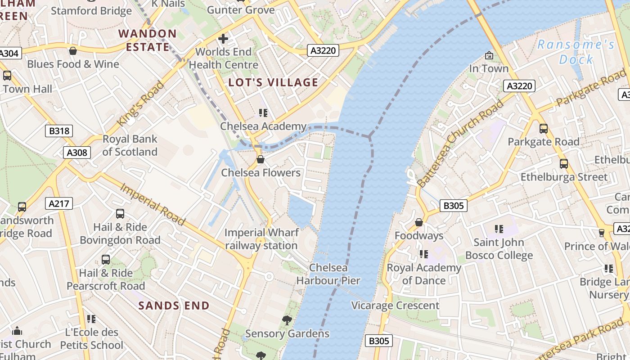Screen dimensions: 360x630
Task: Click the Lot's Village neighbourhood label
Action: (x=273, y=82)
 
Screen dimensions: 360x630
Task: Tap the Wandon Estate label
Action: (x=148, y=40)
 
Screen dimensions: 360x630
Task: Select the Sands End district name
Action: (x=174, y=306)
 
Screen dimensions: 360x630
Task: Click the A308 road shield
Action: (x=76, y=153)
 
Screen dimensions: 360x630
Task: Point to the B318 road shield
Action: (x=59, y=131)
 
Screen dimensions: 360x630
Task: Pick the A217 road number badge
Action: (x=59, y=204)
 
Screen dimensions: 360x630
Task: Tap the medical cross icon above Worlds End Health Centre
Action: (x=223, y=39)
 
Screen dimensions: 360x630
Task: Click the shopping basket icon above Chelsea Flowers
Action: (x=260, y=159)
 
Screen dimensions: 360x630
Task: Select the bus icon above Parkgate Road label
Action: (x=543, y=129)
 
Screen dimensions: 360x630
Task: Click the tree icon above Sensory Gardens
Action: (x=287, y=320)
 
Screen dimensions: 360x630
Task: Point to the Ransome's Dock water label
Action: (x=576, y=52)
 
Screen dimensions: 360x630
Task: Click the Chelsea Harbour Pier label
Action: (x=328, y=274)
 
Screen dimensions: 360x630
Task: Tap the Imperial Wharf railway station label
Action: (x=261, y=239)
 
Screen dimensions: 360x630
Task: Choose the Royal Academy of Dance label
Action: (x=424, y=274)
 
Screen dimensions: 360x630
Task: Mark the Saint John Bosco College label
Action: (x=499, y=249)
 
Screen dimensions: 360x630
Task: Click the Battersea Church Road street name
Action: (x=460, y=144)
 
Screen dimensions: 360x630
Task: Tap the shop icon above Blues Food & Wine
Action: (x=73, y=51)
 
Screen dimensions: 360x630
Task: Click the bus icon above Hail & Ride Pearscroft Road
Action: (x=106, y=260)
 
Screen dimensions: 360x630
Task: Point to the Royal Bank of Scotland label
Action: (x=130, y=145)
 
